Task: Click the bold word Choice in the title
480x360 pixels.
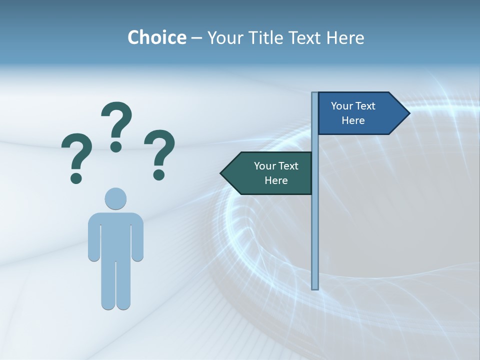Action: (156, 37)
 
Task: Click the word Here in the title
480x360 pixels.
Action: (345, 37)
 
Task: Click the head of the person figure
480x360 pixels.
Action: (115, 198)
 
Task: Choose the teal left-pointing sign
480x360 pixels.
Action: (270, 173)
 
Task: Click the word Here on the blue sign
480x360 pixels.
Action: (353, 120)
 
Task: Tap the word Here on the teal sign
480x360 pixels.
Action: (276, 180)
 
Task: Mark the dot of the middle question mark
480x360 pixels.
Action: (116, 146)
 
